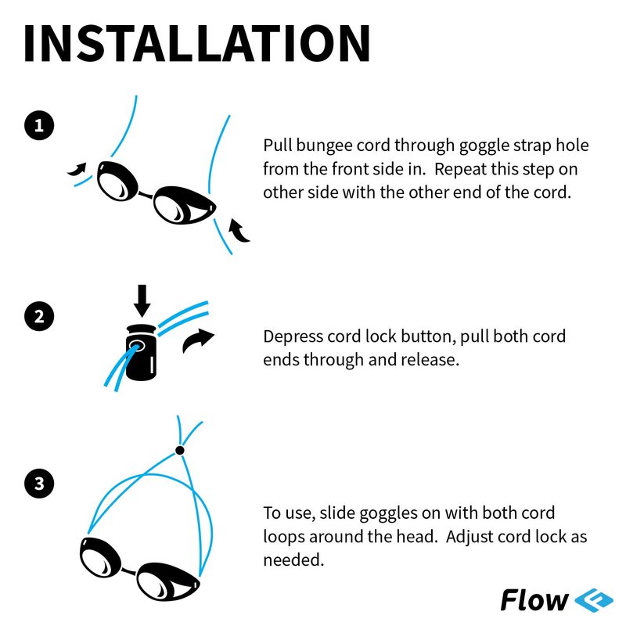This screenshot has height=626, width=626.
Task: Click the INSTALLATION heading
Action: point(197,43)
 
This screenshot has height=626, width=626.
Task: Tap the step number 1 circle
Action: point(39,125)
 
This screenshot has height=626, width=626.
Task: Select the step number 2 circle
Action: point(39,316)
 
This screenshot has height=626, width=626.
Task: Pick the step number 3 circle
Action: point(39,483)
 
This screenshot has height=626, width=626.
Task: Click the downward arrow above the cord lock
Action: point(142,300)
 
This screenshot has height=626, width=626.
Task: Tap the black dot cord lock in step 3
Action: point(180,451)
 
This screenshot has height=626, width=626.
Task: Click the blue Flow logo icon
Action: point(594,600)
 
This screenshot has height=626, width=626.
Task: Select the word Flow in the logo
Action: point(534,600)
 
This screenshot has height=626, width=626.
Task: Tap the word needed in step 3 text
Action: point(293,559)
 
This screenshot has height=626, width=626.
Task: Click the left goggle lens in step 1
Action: point(117,181)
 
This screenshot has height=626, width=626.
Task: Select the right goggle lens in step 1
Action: point(184,205)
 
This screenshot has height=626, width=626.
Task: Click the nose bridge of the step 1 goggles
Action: point(146,194)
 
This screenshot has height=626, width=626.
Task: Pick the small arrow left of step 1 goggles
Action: point(77,169)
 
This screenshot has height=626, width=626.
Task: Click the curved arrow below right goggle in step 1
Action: point(239,231)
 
